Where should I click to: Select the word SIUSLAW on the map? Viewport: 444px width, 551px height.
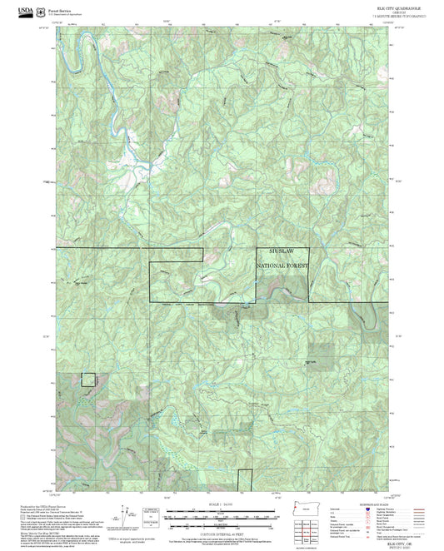pyautogui.click(x=282, y=251)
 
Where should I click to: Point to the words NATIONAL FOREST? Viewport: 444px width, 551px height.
pyautogui.click(x=282, y=265)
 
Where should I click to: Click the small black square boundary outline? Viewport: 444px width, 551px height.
pyautogui.click(x=88, y=380)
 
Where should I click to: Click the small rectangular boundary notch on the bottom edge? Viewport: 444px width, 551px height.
pyautogui.click(x=244, y=480)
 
